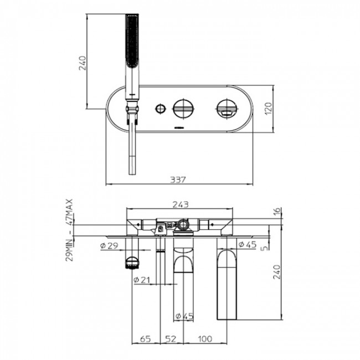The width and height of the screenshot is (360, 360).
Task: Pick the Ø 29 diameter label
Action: (x=110, y=245)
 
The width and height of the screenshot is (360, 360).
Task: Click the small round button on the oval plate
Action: (x=161, y=107)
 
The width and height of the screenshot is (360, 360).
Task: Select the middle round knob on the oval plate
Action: (x=182, y=107)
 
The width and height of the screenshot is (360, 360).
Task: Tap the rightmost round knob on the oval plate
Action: (x=225, y=108)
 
